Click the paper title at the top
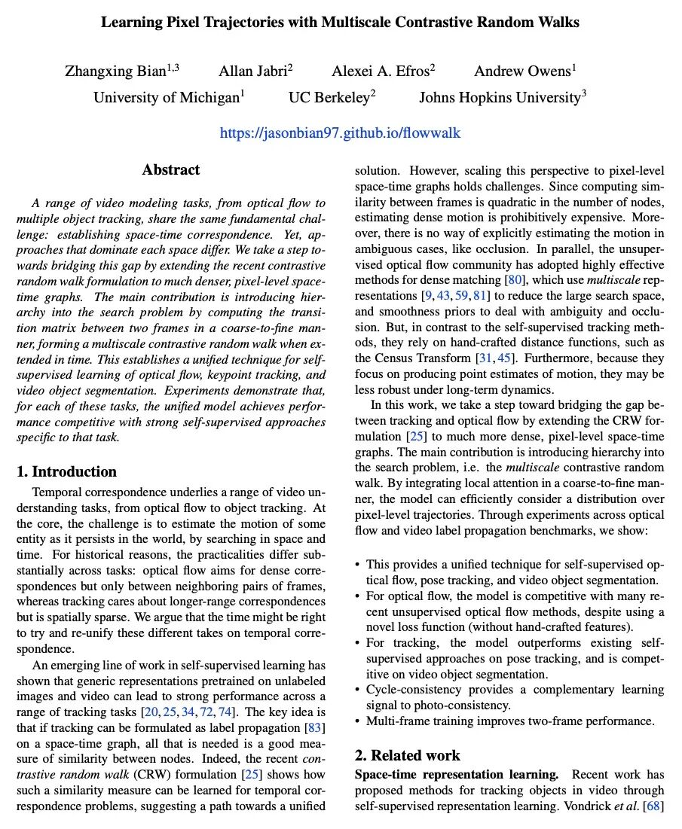click(341, 23)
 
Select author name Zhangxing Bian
click(122, 72)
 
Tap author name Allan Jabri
click(255, 72)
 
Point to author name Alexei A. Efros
click(383, 72)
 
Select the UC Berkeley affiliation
click(332, 98)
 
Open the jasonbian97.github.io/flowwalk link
click(340, 133)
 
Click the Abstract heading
click(171, 170)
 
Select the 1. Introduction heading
click(67, 472)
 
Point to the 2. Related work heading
click(407, 755)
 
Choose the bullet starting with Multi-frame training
click(510, 721)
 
